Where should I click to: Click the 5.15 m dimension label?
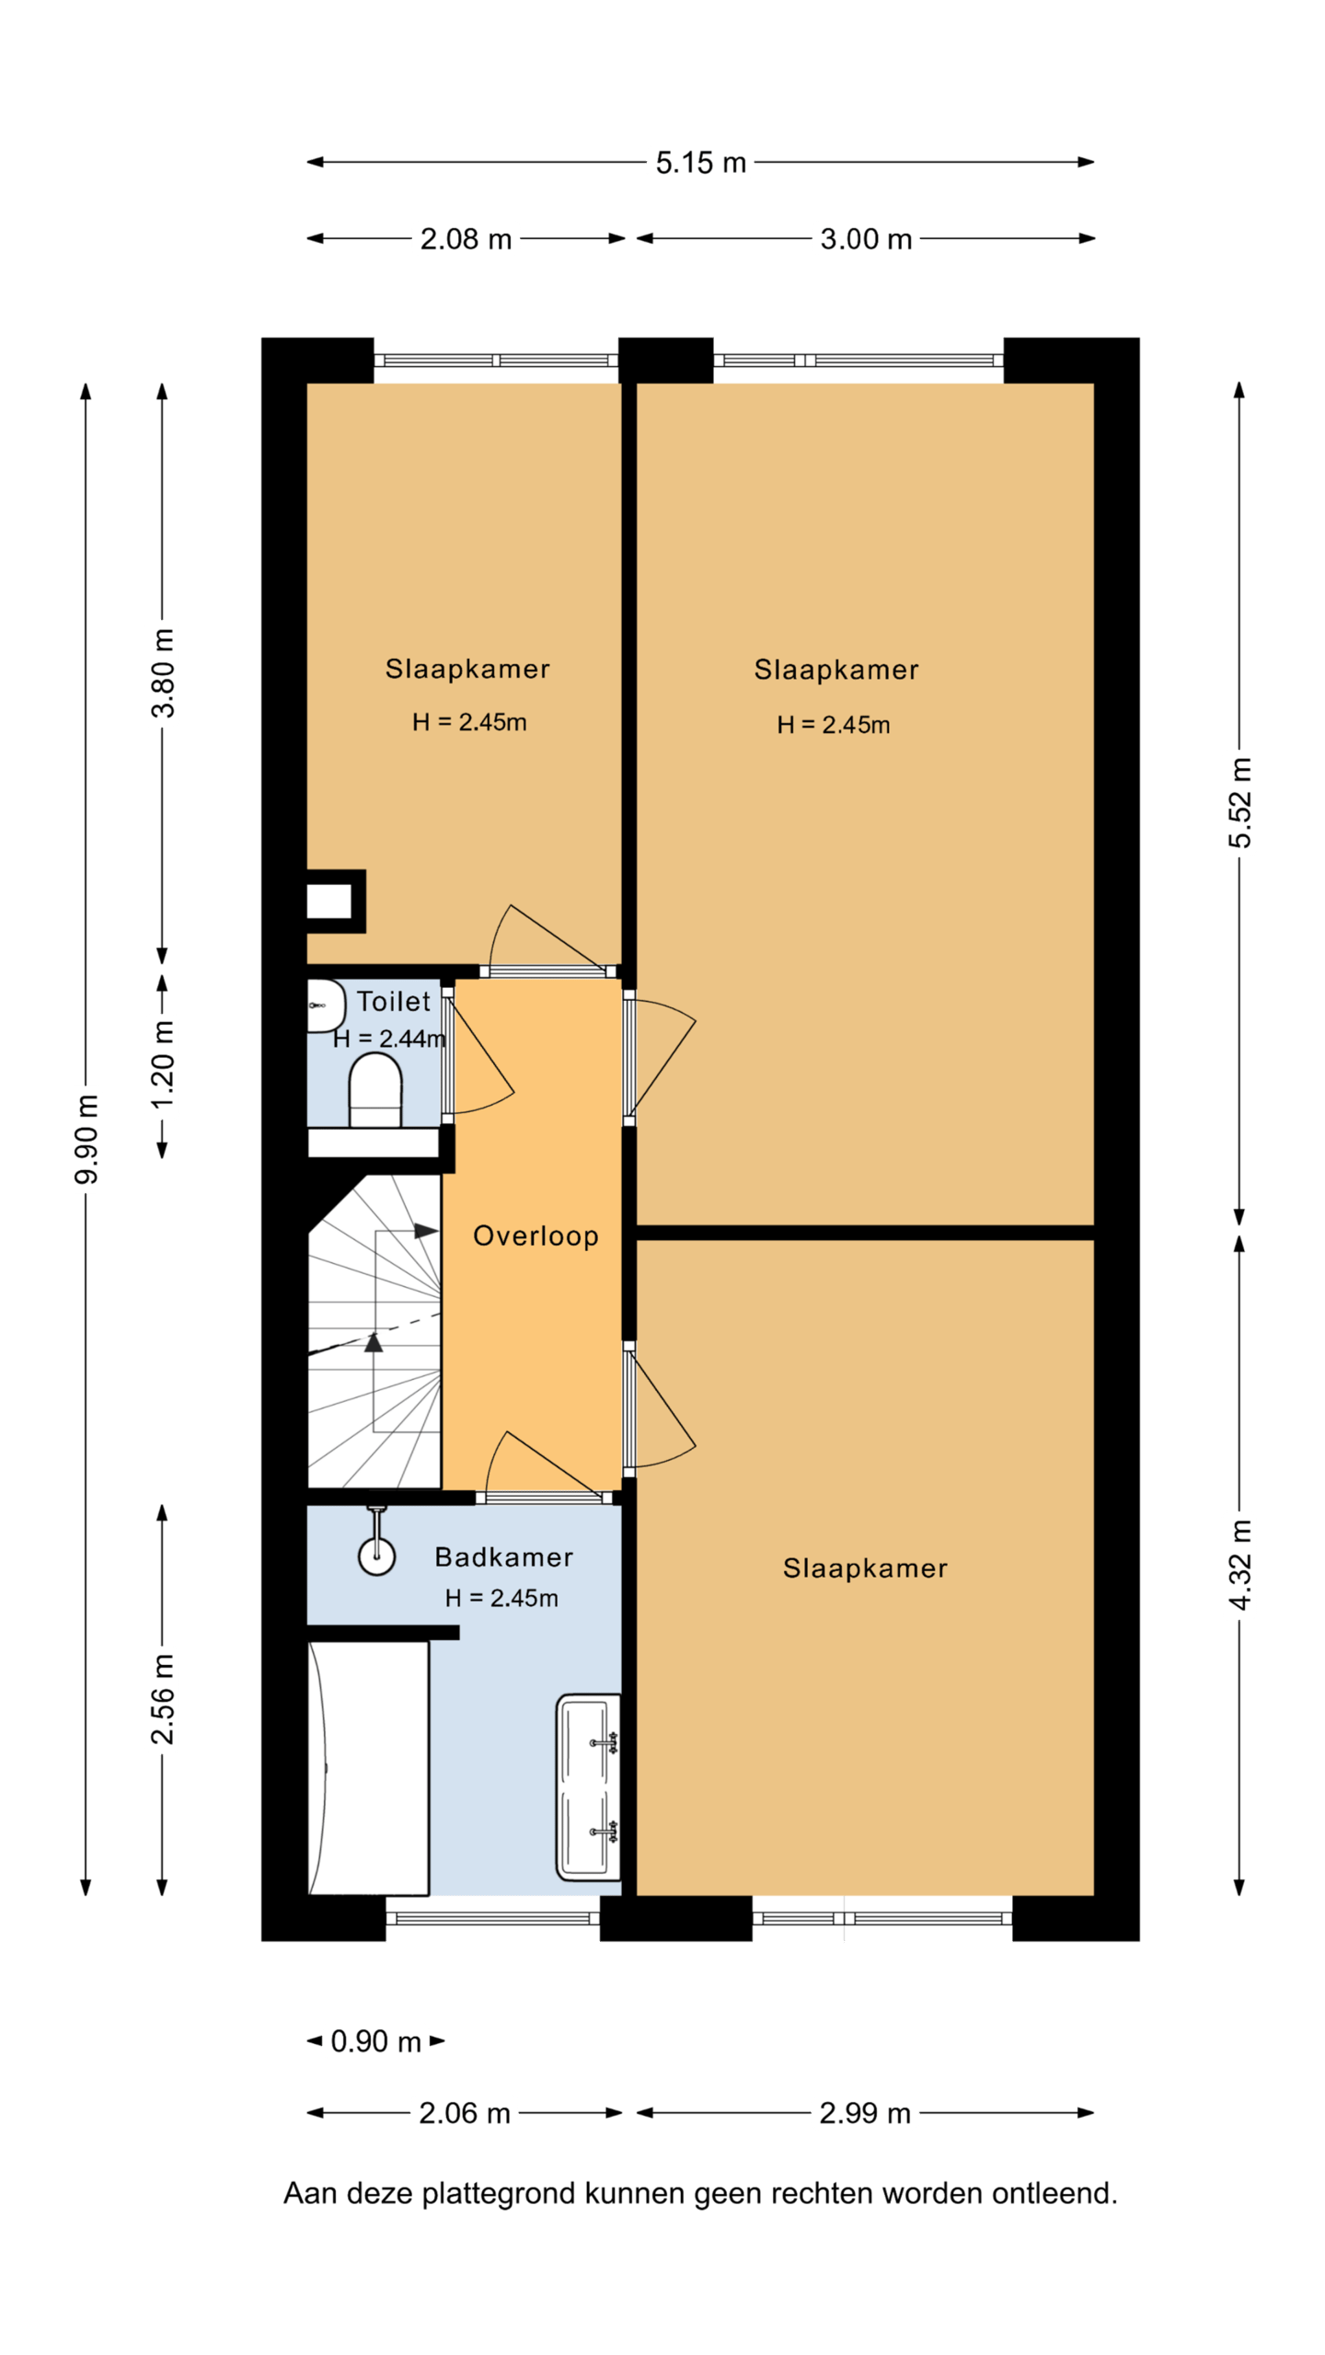click(700, 163)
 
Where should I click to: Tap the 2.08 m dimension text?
click(466, 239)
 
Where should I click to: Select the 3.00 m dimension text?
click(866, 239)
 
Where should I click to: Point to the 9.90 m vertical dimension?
click(86, 1139)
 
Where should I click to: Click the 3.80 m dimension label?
click(163, 672)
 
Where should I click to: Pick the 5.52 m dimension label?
click(1239, 802)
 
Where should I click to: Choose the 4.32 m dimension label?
click(1239, 1565)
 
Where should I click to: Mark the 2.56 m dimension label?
click(163, 1699)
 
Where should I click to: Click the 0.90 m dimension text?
click(375, 2041)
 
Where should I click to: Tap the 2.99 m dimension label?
click(865, 2113)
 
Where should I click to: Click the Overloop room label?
click(536, 1235)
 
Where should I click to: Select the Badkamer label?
click(503, 1557)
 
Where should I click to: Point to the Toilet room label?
click(394, 1001)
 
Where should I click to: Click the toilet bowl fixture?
click(375, 1090)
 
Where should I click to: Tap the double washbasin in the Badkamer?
click(588, 1787)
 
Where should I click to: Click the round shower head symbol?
click(376, 1556)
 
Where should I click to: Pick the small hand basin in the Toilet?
click(325, 1005)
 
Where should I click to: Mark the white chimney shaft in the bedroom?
click(328, 901)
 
